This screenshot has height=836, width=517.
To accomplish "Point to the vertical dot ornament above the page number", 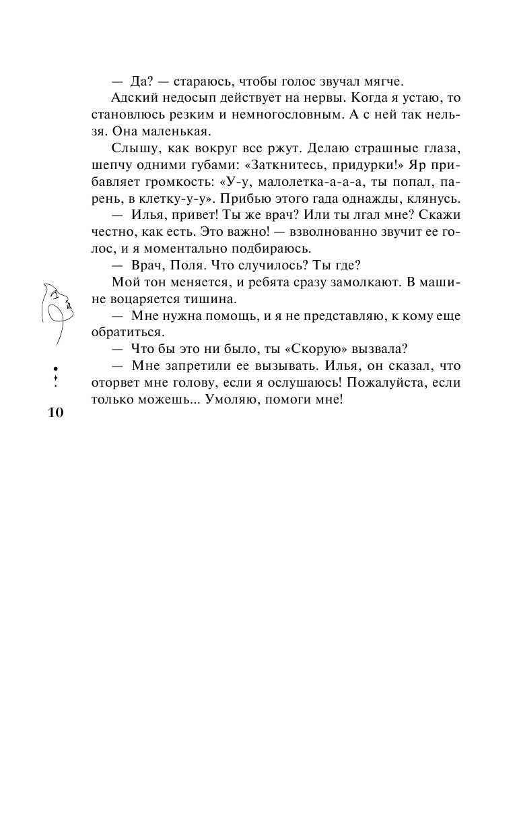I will click(55, 377).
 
